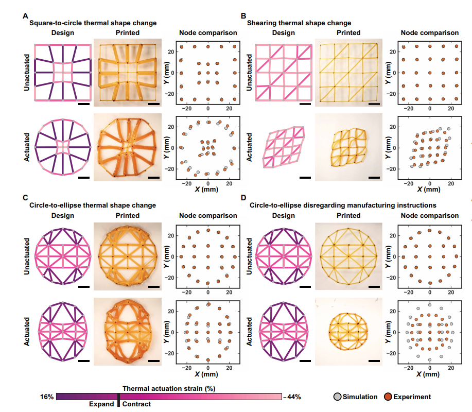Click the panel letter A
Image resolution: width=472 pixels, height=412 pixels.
pos(25,16)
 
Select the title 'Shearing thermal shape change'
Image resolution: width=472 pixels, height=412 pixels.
pos(299,23)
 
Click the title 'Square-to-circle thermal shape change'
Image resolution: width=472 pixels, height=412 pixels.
pos(93,23)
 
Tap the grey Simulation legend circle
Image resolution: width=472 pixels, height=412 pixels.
pos(338,397)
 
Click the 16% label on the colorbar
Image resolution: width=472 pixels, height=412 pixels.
pos(46,397)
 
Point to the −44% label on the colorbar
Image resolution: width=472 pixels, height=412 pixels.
pos(292,397)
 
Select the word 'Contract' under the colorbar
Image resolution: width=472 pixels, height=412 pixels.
pos(136,404)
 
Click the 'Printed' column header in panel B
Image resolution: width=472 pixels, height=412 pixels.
pos(348,33)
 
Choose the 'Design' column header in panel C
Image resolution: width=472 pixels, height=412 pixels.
pos(63,215)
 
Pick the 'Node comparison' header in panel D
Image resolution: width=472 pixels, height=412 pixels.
pos(429,215)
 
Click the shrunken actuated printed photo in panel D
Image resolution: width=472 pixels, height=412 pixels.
pos(348,331)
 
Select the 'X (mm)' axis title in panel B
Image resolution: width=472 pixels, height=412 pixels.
pos(429,188)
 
